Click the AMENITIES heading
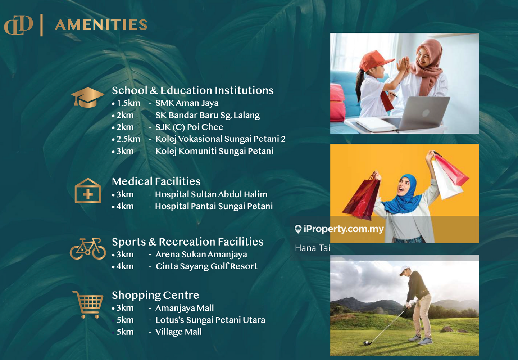pyautogui.click(x=101, y=25)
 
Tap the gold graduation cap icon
pyautogui.click(x=88, y=98)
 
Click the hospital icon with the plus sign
pyautogui.click(x=88, y=191)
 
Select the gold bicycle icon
pyautogui.click(x=88, y=249)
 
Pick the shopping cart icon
pyautogui.click(x=88, y=305)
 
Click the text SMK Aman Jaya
pyautogui.click(x=187, y=103)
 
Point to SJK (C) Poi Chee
pyautogui.click(x=189, y=127)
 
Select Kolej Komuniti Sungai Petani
pyautogui.click(x=214, y=151)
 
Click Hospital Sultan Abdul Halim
pyautogui.click(x=211, y=194)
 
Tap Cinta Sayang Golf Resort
pyautogui.click(x=206, y=266)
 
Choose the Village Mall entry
pyautogui.click(x=178, y=332)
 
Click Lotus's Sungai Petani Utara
pyautogui.click(x=210, y=320)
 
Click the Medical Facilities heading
pyautogui.click(x=156, y=181)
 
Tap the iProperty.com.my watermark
pyautogui.click(x=339, y=229)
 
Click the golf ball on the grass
pyautogui.click(x=366, y=343)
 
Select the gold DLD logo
pyautogui.click(x=18, y=25)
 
